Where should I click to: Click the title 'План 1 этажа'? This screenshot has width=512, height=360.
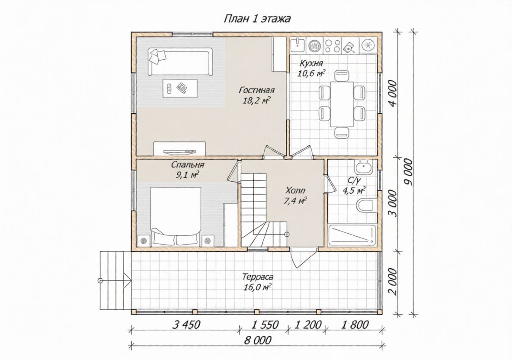point(257,19)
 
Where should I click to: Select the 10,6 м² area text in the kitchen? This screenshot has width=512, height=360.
point(311,73)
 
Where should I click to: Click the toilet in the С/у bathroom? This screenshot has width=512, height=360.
point(365,206)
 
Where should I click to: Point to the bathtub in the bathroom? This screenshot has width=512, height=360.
point(352,235)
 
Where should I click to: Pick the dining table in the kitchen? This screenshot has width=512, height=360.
point(342,103)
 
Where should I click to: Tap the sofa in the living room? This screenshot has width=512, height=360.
point(180,61)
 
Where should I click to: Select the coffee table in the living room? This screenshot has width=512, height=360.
point(180,88)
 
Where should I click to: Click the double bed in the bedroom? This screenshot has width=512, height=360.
point(175,216)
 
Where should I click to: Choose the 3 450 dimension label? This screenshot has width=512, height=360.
point(186,325)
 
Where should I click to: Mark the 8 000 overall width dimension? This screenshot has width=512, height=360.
point(258,341)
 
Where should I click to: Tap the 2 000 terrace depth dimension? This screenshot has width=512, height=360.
point(394,282)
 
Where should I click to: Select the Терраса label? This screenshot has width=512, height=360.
point(258,277)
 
